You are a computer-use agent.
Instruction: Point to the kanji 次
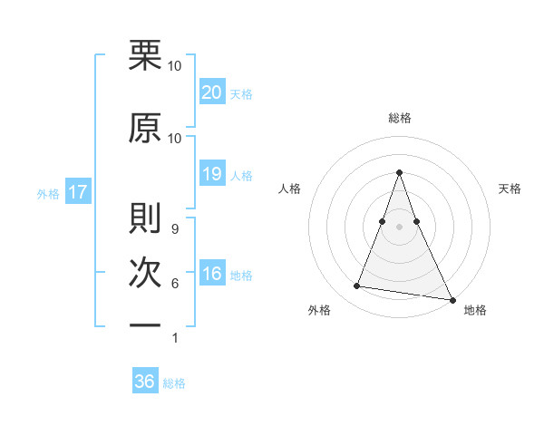[x=145, y=272]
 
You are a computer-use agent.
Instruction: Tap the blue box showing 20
[x=212, y=92]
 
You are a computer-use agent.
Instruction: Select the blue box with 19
[x=212, y=174]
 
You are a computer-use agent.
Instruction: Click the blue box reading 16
[x=212, y=274]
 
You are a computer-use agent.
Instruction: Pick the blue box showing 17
[x=77, y=192]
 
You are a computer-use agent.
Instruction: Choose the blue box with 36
[x=145, y=382]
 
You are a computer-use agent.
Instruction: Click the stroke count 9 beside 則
[x=174, y=228]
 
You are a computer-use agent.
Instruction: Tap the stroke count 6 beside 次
[x=174, y=284]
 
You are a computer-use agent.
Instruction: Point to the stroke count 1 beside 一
[x=174, y=338]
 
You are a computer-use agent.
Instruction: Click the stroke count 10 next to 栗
[x=174, y=65]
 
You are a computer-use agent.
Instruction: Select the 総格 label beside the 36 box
[x=174, y=383]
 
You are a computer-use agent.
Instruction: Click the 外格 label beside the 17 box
[x=48, y=193]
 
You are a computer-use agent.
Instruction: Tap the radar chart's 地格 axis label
[x=475, y=311]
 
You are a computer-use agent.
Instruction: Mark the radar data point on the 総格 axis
[x=399, y=172]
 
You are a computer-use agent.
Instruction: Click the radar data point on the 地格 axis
[x=452, y=298]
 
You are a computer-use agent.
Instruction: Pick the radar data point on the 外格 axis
[x=357, y=286]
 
